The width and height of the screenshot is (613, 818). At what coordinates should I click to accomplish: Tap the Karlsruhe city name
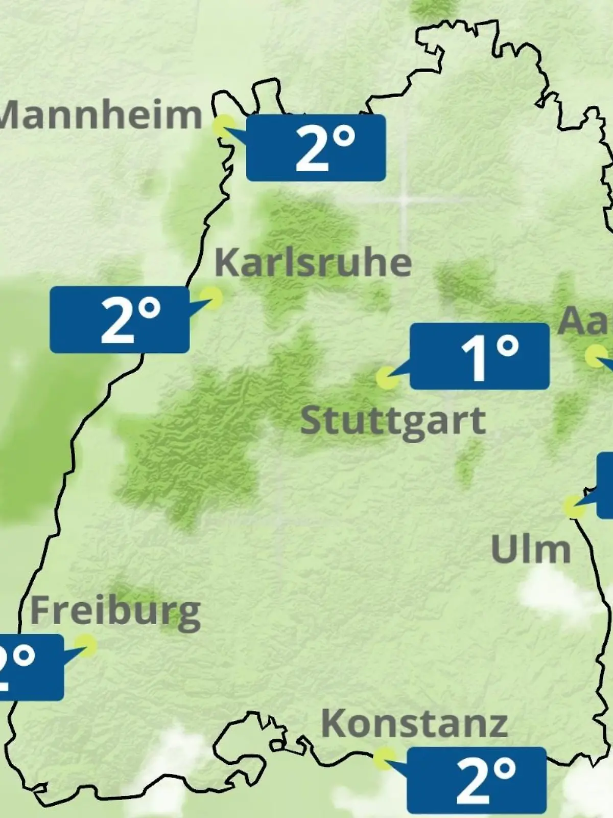click(313, 262)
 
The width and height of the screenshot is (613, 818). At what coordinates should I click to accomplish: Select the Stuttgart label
click(393, 421)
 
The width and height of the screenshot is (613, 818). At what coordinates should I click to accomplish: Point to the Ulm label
click(530, 549)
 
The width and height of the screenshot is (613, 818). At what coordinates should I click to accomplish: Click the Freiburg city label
click(115, 611)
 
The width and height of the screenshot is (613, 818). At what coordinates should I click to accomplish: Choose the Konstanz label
click(414, 723)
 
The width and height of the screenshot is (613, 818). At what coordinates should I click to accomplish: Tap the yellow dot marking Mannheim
click(224, 126)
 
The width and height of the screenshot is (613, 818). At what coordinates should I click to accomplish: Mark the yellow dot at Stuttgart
click(387, 378)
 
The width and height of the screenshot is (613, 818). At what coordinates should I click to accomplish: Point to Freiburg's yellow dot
click(85, 645)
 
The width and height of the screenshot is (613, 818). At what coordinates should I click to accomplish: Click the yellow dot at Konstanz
click(384, 759)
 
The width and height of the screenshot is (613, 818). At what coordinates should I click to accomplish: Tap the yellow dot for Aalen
click(596, 356)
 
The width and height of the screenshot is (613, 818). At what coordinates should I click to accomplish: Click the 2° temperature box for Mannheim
click(316, 148)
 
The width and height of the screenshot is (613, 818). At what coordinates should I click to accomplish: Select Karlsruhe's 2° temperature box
click(120, 320)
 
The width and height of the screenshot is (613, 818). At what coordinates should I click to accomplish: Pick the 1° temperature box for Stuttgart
click(479, 356)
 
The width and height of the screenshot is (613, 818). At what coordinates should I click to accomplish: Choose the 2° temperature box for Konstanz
click(476, 780)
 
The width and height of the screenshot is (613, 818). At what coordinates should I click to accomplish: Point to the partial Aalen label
click(584, 322)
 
